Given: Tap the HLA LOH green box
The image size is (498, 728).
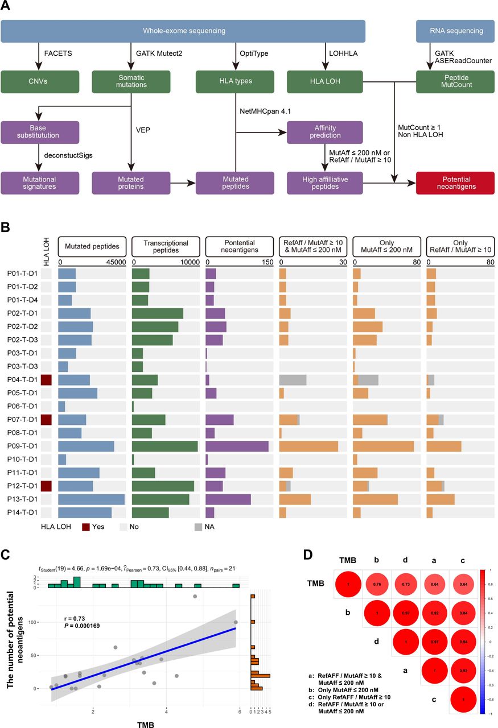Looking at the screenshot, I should point(324,81).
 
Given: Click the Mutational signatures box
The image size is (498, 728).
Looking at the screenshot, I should point(40,183).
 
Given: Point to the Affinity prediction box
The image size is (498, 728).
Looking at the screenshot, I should point(324,132).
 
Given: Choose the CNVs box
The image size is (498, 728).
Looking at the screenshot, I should point(40,81).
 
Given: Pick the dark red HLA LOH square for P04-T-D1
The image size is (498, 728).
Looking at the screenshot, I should point(46,380).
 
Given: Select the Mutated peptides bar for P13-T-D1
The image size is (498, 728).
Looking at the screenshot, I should point(91,499).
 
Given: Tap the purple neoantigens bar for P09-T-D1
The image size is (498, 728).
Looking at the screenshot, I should point(237,446).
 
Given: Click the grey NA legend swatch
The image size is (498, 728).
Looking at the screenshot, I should point(195,527).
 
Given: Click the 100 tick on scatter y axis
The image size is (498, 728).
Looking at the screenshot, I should point(34,622).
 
